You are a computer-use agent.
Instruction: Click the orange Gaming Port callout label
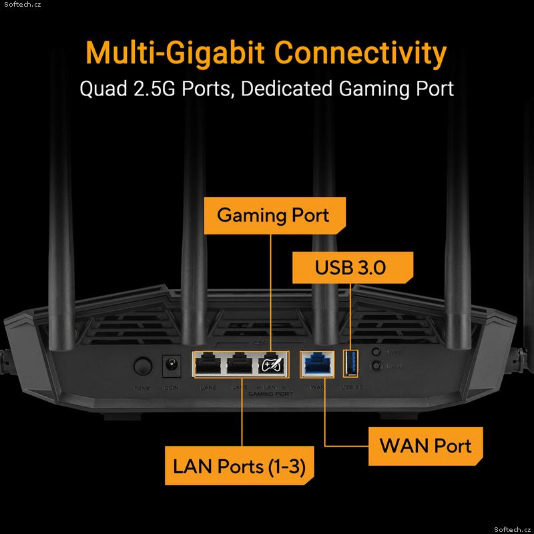(273, 215)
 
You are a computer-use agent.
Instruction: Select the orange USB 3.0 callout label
(350, 268)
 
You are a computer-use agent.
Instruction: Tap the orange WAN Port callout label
(425, 445)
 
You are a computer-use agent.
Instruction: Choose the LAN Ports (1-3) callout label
(239, 466)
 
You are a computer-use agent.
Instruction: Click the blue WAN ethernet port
(316, 363)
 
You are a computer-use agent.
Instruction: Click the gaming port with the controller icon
(274, 364)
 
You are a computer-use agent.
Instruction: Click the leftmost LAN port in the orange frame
(207, 364)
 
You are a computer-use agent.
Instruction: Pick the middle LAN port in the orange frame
(240, 364)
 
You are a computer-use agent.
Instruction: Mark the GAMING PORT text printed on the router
(270, 394)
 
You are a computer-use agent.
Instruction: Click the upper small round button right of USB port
(377, 352)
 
